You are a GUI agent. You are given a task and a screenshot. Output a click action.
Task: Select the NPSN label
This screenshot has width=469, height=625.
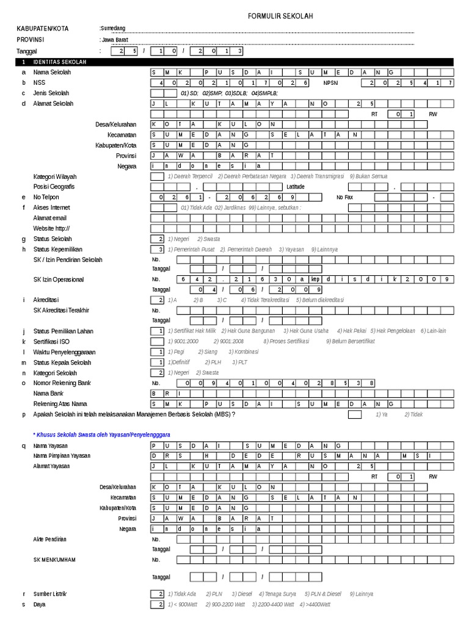pyautogui.click(x=331, y=82)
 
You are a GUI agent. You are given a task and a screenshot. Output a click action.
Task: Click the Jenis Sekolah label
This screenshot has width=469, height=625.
pyautogui.click(x=51, y=93)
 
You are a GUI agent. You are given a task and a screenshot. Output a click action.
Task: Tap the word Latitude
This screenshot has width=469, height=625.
pyautogui.click(x=297, y=187)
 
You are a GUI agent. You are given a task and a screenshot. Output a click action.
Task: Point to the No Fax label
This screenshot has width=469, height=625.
pyautogui.click(x=345, y=197)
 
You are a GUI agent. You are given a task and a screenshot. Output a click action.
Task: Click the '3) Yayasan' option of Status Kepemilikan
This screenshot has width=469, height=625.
pyautogui.click(x=291, y=249)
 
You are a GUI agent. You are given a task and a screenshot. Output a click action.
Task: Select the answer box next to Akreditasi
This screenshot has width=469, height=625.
pyautogui.click(x=158, y=300)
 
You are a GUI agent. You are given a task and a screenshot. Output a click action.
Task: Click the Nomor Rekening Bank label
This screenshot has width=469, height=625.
pyautogui.click(x=63, y=383)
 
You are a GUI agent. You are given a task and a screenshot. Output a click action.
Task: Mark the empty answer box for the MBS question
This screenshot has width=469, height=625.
pyautogui.click(x=354, y=414)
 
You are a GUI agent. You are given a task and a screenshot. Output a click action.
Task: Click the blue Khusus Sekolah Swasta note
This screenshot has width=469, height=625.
pyautogui.click(x=101, y=433)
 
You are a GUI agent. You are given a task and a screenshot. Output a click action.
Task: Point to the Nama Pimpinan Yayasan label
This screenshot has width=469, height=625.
pyautogui.click(x=62, y=456)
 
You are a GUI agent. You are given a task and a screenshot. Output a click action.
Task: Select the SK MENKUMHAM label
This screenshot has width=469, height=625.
pyautogui.click(x=55, y=559)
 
